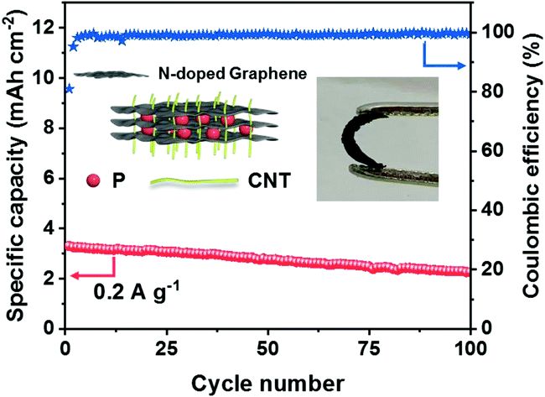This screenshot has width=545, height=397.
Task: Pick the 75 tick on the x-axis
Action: tap(369, 346)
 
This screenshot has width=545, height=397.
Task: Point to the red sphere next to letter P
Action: tap(93, 179)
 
